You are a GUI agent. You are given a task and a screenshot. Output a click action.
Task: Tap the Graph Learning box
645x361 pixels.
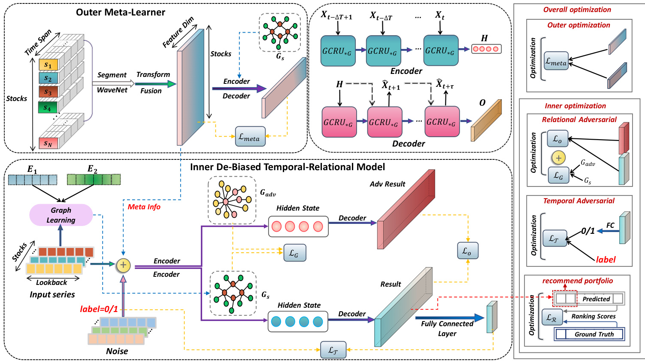tap(61, 215)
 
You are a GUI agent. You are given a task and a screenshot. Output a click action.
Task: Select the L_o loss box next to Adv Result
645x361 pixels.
tap(468, 250)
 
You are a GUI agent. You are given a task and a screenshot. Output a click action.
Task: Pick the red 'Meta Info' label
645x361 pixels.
tap(144, 207)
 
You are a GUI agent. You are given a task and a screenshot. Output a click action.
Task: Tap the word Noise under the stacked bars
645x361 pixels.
tap(117, 351)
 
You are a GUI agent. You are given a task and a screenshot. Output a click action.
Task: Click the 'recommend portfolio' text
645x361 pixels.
tap(578, 281)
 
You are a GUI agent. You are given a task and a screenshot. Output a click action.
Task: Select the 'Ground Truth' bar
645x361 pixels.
tap(594, 334)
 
